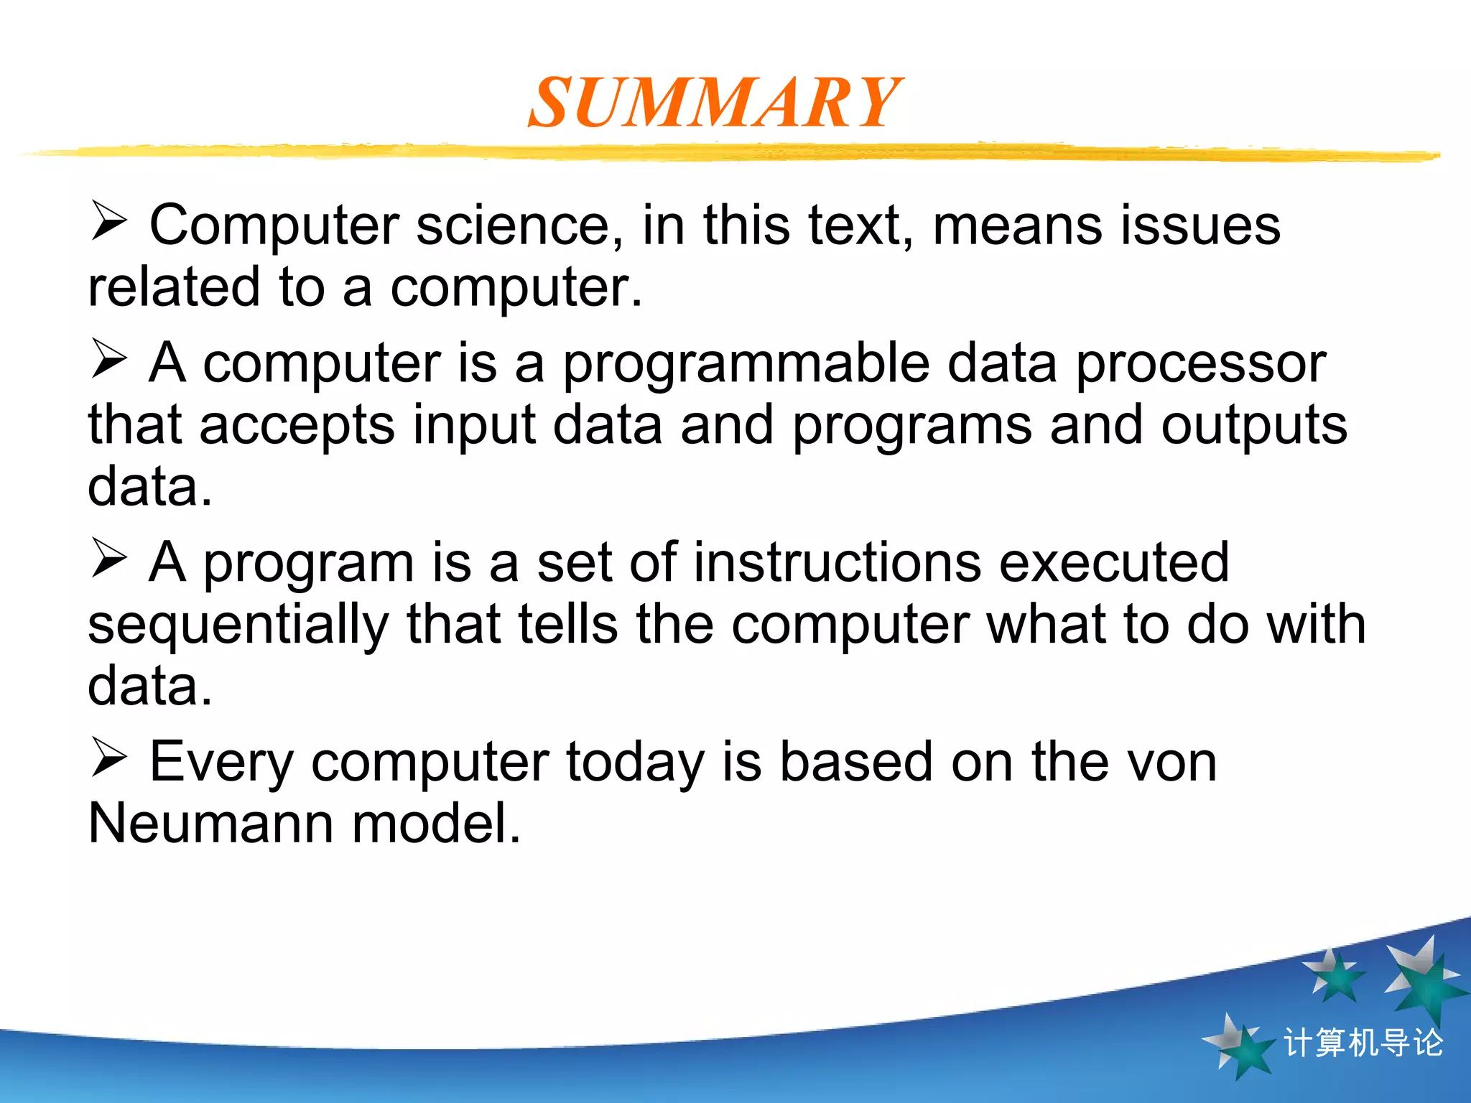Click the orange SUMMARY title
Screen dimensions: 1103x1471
(x=715, y=103)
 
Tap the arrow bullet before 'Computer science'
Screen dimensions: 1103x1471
(x=109, y=220)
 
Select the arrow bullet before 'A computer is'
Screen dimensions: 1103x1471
(x=109, y=358)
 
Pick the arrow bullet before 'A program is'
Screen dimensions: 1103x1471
(x=109, y=558)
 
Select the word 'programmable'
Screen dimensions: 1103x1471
(x=746, y=363)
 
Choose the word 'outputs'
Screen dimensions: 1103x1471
(x=1254, y=425)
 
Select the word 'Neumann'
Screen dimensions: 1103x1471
(x=210, y=823)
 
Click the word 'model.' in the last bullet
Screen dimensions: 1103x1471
(x=436, y=823)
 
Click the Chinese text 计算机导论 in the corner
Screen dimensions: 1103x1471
(x=1363, y=1043)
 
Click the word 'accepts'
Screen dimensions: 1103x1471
(x=297, y=425)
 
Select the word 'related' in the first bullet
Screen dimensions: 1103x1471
(x=173, y=287)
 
